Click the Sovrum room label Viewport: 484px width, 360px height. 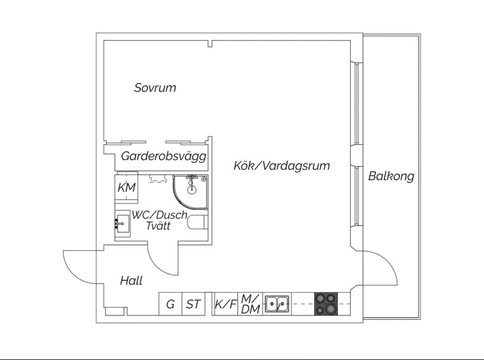tap(155, 87)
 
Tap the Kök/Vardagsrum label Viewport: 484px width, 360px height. tap(282, 166)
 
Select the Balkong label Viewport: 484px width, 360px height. tap(391, 177)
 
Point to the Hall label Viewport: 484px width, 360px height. tap(131, 281)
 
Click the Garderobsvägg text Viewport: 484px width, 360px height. tap(163, 156)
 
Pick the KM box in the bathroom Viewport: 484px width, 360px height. tap(126, 188)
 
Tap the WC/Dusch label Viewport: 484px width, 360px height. tap(159, 215)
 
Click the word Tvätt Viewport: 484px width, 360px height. tap(158, 226)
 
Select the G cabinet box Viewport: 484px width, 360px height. tap(170, 304)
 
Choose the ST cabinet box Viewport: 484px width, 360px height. tap(193, 304)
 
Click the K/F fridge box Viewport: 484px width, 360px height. tap(226, 304)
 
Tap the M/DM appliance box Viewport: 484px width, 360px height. tap(250, 304)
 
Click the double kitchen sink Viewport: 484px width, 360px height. tap(277, 304)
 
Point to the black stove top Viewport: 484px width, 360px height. tap(326, 304)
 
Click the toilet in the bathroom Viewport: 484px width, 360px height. tap(197, 224)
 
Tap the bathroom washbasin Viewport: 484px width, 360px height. tap(122, 223)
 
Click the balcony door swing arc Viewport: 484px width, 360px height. tap(384, 267)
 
